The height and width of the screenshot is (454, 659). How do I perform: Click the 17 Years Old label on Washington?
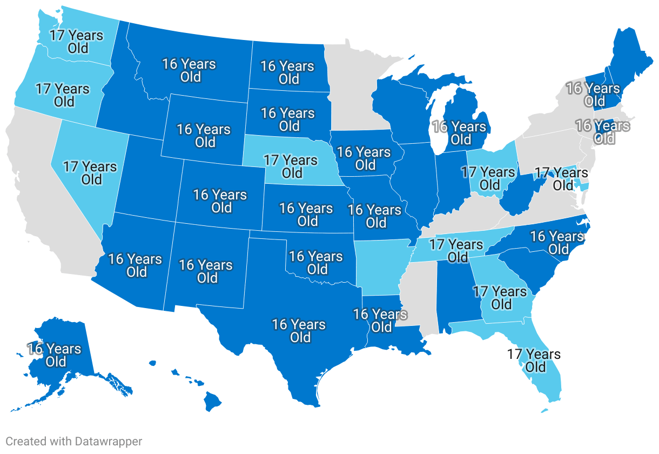point(76,42)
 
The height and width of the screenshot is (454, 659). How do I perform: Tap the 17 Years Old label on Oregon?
point(63,95)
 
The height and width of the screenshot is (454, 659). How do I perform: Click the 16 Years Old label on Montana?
point(189,70)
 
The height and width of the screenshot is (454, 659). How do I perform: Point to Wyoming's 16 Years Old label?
point(204,136)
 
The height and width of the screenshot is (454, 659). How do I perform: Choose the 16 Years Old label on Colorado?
point(220,201)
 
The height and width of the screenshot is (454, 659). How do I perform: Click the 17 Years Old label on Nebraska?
point(291,166)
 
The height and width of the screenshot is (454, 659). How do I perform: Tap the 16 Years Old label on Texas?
point(299,331)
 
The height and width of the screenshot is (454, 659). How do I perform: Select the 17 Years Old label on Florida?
point(534,360)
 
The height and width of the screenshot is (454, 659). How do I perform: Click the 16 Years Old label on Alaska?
point(55,355)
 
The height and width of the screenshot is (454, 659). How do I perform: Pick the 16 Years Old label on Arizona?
point(135,265)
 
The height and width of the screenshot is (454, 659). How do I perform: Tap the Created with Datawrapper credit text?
point(74,442)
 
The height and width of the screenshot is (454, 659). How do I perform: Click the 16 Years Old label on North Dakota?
point(287,72)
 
